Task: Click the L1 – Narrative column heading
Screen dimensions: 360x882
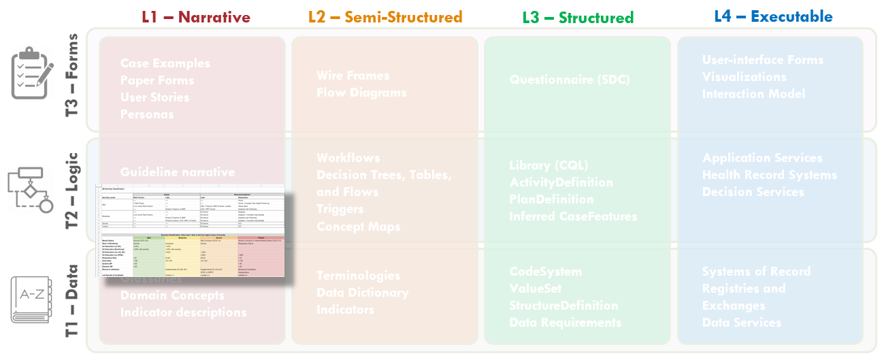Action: coord(196,17)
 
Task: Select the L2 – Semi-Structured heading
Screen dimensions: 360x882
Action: coord(385,17)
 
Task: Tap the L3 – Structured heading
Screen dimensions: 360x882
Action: coord(578,18)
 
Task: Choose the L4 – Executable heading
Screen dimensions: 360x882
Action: coord(773,16)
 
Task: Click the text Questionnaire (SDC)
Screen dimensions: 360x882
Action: coord(570,80)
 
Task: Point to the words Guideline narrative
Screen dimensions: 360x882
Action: coord(178,172)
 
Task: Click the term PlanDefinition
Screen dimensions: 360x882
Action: coord(551,199)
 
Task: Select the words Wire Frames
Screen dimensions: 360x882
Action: coord(353,76)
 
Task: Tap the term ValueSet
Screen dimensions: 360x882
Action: coord(536,289)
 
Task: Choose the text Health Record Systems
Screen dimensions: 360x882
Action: coord(770,175)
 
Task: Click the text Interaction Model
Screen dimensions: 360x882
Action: coord(753,94)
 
